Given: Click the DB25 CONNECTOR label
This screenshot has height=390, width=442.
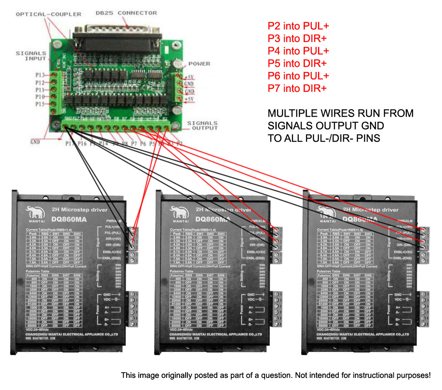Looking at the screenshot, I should (126, 13).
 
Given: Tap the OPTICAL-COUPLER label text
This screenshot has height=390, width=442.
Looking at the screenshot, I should (48, 14).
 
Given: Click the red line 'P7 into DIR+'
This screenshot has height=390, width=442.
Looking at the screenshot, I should (297, 88).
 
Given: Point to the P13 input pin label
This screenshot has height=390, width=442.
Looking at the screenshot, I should (40, 75).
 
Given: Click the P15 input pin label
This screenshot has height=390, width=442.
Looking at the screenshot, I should (40, 104).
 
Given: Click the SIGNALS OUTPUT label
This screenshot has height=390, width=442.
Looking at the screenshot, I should (202, 125).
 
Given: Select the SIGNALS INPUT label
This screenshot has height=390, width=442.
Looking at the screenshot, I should (31, 56).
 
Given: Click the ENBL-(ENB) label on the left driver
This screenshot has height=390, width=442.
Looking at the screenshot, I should (115, 258).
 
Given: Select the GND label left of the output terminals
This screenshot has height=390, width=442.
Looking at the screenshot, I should (36, 141).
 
